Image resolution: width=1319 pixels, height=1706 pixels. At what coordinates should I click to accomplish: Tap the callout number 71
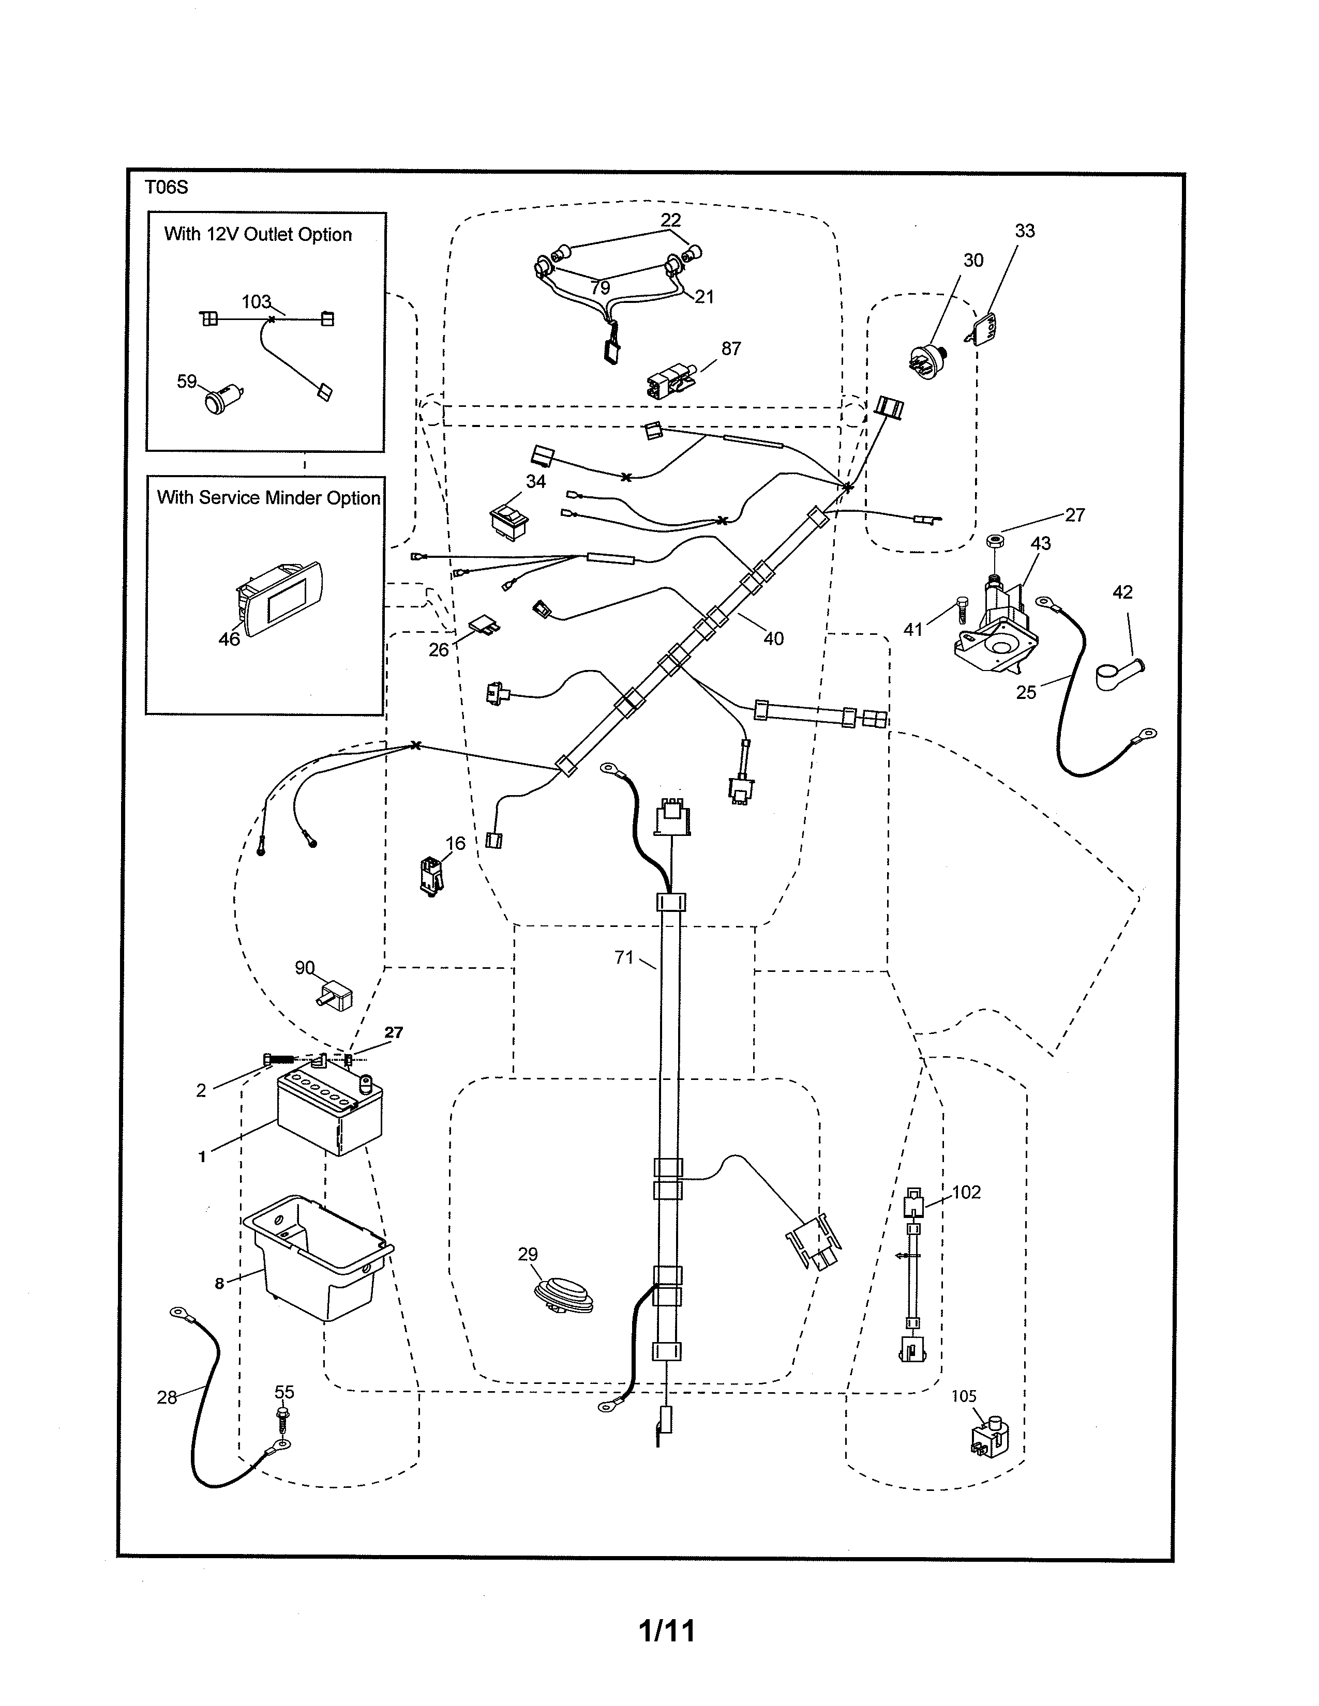pyautogui.click(x=624, y=957)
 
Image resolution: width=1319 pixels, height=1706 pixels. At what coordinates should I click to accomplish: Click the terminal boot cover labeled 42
pyautogui.click(x=1118, y=673)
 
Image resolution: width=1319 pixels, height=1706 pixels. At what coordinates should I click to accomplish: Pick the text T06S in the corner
pyautogui.click(x=166, y=188)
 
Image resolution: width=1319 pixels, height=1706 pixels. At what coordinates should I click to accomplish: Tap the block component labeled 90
pyautogui.click(x=337, y=997)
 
